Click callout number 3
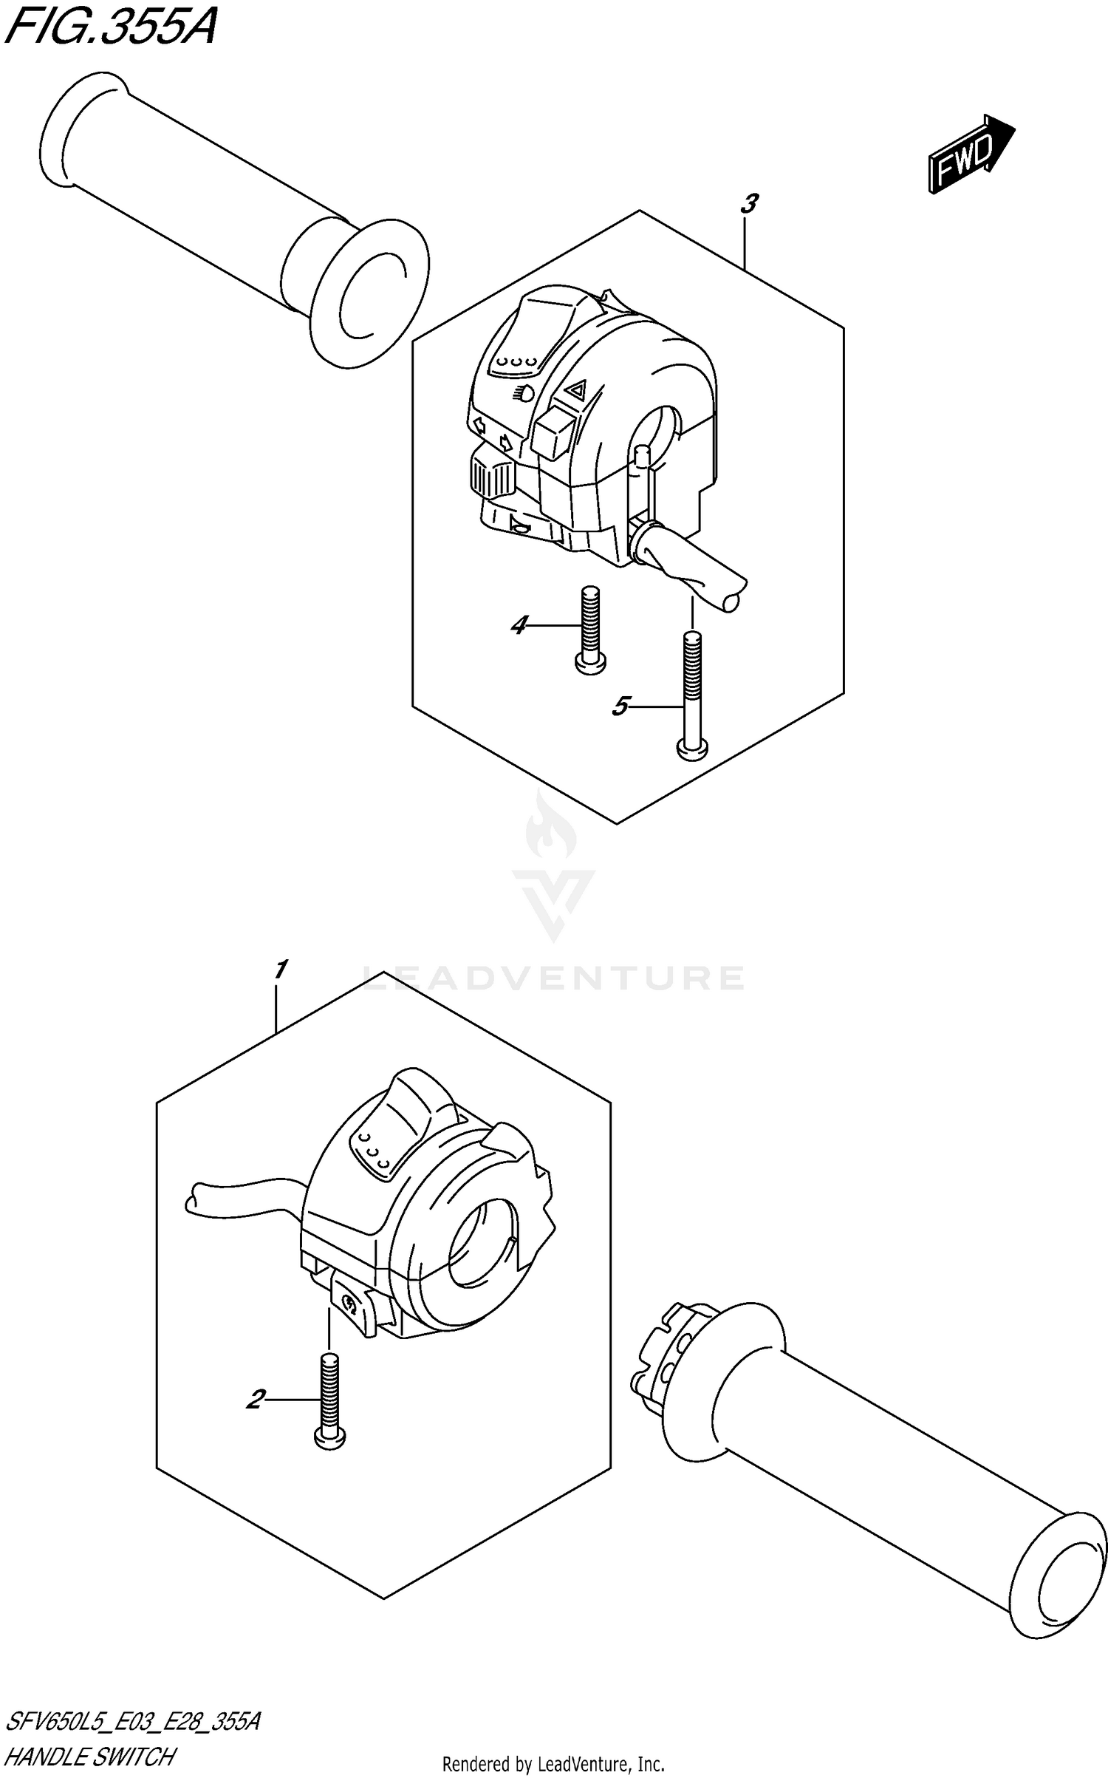[x=749, y=203]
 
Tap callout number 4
[x=519, y=626]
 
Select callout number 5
[x=620, y=707]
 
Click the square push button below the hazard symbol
[x=550, y=434]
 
